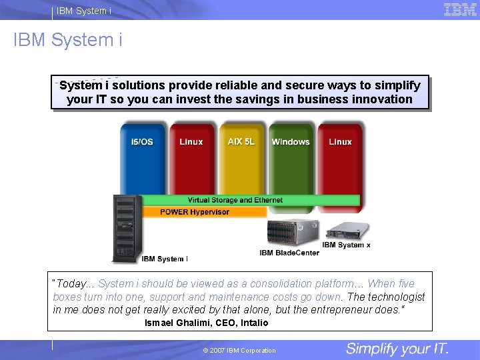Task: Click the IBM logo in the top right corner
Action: click(x=460, y=9)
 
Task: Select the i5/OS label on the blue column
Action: click(x=141, y=142)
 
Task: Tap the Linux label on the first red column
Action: click(x=191, y=142)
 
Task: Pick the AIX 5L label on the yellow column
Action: click(x=241, y=142)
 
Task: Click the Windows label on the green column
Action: click(x=291, y=142)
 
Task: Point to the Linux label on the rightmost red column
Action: click(x=340, y=142)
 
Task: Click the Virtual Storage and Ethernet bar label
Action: click(x=235, y=200)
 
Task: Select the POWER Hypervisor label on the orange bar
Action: click(x=195, y=212)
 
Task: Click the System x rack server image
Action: click(x=347, y=231)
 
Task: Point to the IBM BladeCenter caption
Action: click(x=289, y=253)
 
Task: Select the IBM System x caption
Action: click(x=346, y=245)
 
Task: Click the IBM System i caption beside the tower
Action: click(x=165, y=259)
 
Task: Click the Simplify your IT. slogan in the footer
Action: click(x=397, y=349)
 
